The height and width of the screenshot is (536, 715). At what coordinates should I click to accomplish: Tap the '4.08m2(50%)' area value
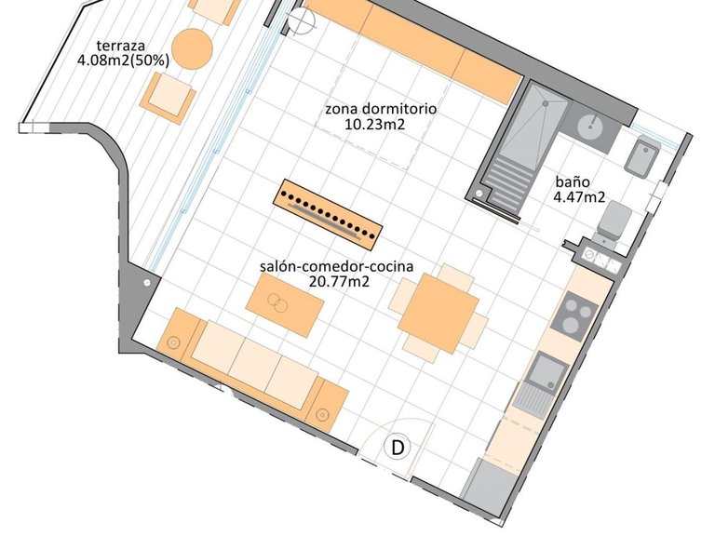[x=124, y=60]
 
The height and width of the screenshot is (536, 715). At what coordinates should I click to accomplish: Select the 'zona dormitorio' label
[x=381, y=108]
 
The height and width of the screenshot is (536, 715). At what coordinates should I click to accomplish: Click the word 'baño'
[x=570, y=182]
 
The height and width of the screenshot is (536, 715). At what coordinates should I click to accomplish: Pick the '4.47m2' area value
[x=581, y=197]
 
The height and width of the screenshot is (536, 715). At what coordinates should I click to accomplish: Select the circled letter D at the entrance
[x=398, y=448]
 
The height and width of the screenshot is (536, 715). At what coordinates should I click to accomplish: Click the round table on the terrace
[x=195, y=48]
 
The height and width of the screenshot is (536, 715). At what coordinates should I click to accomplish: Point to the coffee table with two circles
[x=284, y=304]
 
